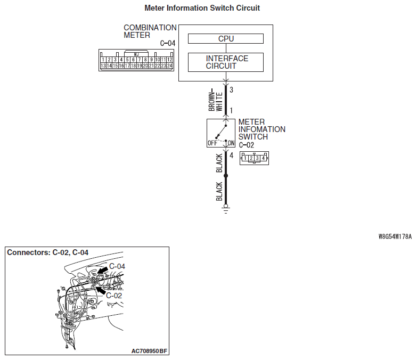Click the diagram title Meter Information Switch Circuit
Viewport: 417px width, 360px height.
(202, 9)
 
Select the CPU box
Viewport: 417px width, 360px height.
(226, 39)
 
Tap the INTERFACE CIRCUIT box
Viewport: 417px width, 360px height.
(226, 62)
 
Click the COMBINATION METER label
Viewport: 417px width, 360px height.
(150, 31)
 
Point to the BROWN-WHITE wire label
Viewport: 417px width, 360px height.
(215, 100)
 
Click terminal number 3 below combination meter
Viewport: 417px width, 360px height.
(231, 90)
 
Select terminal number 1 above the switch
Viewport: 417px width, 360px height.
(231, 111)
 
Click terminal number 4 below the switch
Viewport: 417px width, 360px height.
(231, 156)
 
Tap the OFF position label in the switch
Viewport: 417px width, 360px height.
(211, 143)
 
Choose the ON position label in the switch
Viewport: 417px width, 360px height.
(231, 143)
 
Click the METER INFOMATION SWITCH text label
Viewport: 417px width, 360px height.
(261, 129)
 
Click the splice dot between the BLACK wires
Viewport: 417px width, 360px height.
(226, 176)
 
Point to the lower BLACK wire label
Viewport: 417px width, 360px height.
(219, 191)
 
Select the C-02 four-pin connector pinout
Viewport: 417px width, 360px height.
(255, 158)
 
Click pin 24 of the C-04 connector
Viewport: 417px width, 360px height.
(169, 66)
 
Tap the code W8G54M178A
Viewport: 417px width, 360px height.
(395, 235)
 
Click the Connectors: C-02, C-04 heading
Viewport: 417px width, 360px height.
(47, 252)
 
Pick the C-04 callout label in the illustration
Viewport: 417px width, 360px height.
(117, 266)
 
